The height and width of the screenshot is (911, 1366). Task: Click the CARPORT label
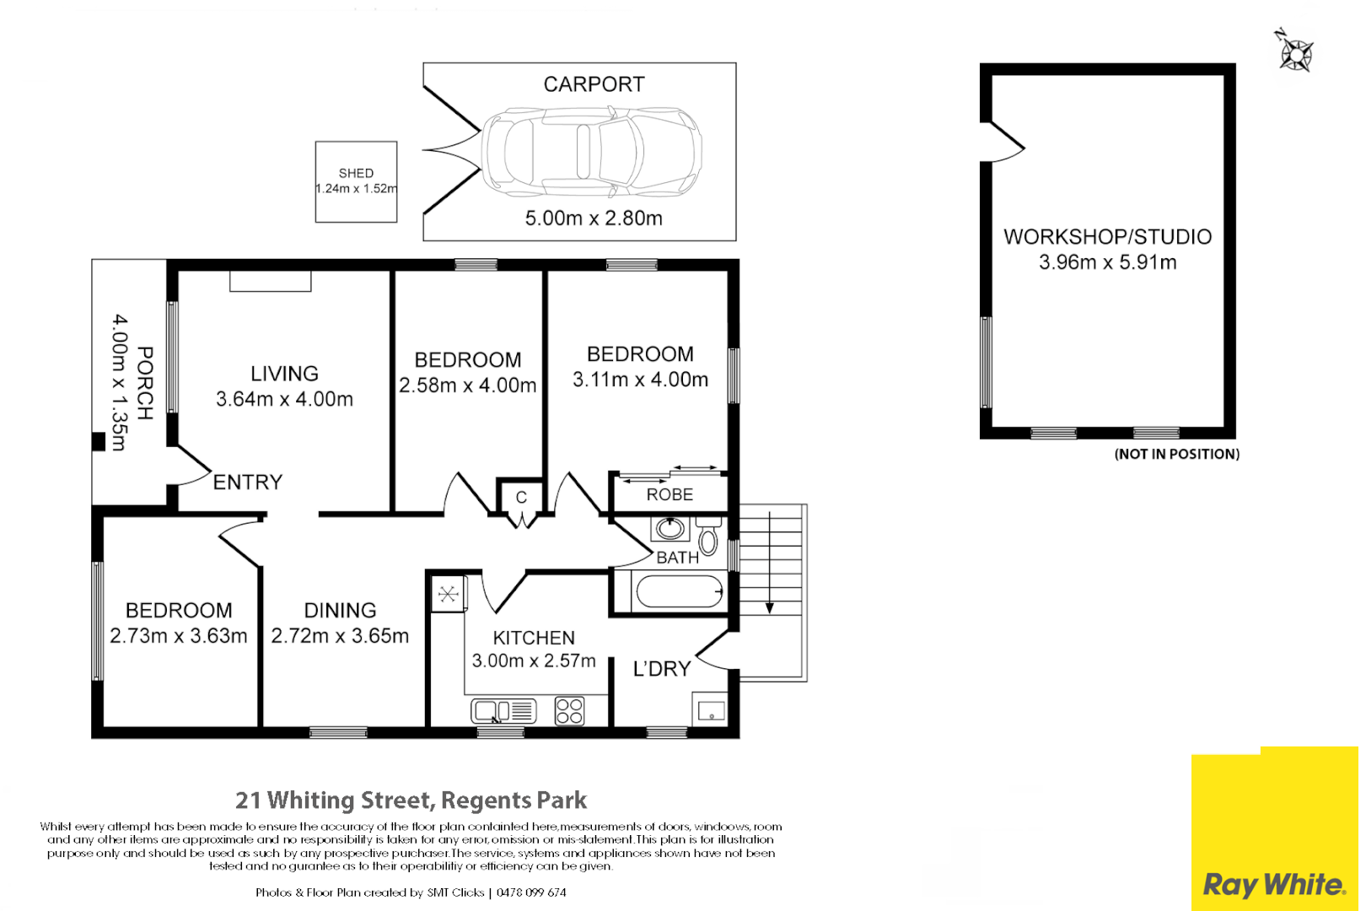click(594, 84)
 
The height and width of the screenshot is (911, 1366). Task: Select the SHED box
click(356, 181)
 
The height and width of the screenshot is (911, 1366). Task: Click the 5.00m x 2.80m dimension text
click(594, 218)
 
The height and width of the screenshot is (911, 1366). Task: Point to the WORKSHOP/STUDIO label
click(1107, 237)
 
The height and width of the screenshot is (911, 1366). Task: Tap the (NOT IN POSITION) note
click(1176, 455)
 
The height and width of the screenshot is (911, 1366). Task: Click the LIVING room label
click(284, 374)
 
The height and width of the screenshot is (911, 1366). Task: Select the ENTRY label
click(247, 482)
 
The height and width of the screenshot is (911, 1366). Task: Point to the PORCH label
click(145, 383)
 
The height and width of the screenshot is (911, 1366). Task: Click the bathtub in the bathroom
click(680, 591)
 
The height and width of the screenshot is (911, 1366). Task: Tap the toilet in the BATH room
click(708, 537)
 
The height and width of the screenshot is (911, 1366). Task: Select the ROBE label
click(670, 495)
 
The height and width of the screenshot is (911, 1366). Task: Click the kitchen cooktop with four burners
click(569, 711)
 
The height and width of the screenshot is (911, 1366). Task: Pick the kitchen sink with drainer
click(503, 711)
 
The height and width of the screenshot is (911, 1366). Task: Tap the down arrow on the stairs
click(769, 607)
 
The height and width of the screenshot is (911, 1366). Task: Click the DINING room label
click(340, 611)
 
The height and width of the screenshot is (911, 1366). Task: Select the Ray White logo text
click(1273, 885)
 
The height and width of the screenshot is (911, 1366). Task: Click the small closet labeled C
click(521, 498)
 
